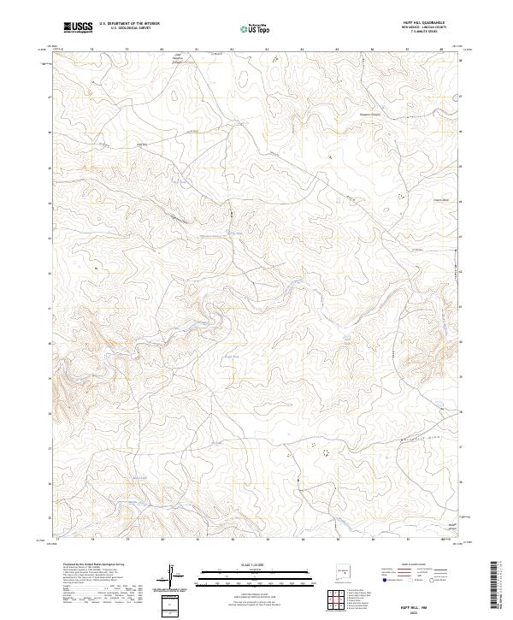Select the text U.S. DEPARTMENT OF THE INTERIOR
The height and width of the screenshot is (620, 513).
pos(129,23)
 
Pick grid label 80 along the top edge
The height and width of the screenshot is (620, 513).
pos(162,50)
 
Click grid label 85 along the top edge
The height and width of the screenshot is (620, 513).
pos(338,50)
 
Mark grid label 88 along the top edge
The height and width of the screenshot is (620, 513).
pos(442,50)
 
